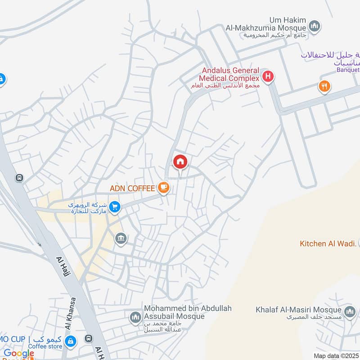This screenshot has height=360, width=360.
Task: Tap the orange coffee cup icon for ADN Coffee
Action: click(x=163, y=188)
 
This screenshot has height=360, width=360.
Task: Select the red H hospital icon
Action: click(x=268, y=76)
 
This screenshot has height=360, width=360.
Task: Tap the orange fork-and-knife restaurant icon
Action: click(x=324, y=86)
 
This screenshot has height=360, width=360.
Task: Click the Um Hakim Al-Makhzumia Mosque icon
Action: click(x=315, y=26)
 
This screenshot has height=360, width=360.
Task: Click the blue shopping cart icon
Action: click(x=115, y=207)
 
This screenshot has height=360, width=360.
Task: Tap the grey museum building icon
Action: click(x=121, y=237)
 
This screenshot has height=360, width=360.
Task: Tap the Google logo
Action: click(x=19, y=354)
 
